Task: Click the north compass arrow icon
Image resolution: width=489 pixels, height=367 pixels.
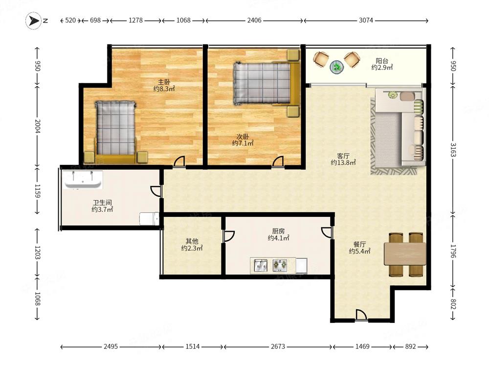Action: [x=33, y=21]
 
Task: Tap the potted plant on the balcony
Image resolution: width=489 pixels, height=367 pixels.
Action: [x=337, y=67]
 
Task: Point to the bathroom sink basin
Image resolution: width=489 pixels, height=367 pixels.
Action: [x=83, y=180]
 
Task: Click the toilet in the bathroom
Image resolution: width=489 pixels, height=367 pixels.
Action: [x=149, y=218]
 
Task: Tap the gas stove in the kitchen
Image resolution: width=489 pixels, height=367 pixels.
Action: [x=280, y=265]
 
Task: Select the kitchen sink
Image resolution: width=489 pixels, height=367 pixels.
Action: [x=261, y=266]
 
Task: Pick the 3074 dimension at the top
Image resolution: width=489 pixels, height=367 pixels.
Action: [x=366, y=20]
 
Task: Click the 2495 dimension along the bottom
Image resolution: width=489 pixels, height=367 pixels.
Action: [x=111, y=346]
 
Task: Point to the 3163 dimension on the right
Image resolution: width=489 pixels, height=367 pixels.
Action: [x=453, y=150]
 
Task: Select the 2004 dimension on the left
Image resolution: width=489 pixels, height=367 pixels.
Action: [x=38, y=126]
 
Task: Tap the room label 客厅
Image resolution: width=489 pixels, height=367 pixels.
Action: [x=343, y=156]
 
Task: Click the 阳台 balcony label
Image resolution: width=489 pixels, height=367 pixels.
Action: [x=382, y=61]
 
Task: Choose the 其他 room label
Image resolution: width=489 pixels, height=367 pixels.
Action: [x=192, y=241]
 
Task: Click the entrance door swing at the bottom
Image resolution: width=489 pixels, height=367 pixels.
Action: [x=361, y=315]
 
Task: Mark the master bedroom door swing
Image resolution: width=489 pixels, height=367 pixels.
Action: [x=179, y=161]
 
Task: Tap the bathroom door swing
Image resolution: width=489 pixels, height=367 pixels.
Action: [x=156, y=191]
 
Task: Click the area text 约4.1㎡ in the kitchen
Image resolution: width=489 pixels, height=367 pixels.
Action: [x=278, y=238]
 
